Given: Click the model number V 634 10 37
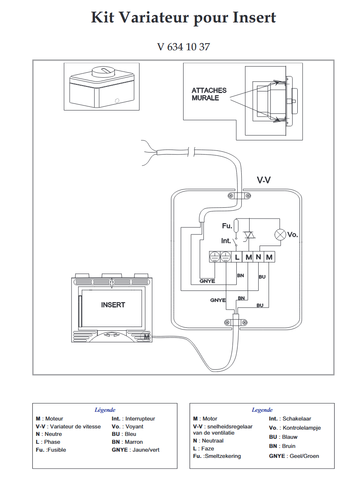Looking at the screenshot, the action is click(184, 47).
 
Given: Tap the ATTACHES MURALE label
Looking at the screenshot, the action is click(209, 94).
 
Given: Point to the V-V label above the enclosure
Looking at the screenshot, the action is click(264, 180).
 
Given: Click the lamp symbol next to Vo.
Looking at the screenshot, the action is click(280, 234).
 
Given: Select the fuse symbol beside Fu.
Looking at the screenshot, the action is click(236, 226).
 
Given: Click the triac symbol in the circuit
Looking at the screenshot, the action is click(249, 236).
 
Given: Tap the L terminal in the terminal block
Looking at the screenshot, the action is click(237, 257).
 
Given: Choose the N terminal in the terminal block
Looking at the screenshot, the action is click(258, 257).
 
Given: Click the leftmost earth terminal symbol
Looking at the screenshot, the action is click(214, 257).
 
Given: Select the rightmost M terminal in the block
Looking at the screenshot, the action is click(269, 257).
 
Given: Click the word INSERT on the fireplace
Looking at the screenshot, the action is click(113, 305).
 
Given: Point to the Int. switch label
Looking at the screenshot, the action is click(226, 241).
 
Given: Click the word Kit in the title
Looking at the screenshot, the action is click(102, 17).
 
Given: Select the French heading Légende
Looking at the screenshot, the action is click(105, 410).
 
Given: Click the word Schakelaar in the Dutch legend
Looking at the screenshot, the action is click(297, 419).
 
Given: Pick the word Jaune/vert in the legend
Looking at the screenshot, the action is click(146, 450).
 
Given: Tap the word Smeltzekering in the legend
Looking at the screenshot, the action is click(223, 456).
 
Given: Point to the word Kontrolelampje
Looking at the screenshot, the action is click(301, 428).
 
